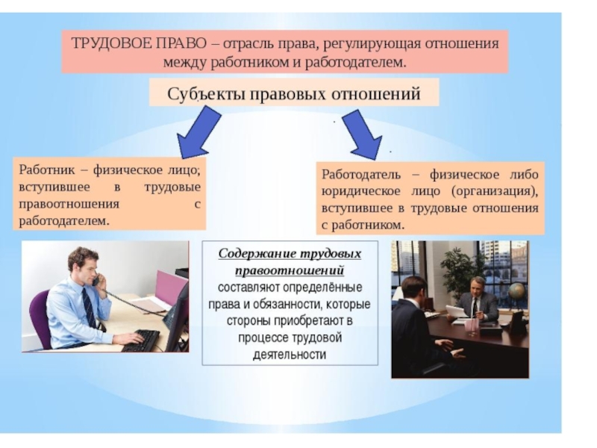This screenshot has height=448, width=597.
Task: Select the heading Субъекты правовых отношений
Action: tap(294, 94)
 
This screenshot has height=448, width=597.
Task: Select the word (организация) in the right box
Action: tap(494, 190)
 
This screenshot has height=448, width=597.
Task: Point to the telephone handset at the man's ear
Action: tap(96, 279)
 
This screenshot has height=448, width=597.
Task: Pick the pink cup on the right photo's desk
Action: tap(471, 326)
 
